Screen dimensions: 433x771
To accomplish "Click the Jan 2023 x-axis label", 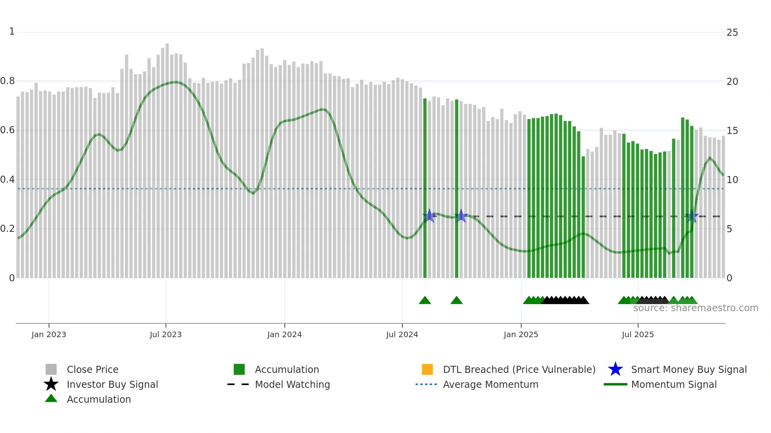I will tap(49, 334).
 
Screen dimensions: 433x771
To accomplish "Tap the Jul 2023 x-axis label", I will tap(166, 334).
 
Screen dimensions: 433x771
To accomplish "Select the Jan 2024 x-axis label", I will tap(284, 334).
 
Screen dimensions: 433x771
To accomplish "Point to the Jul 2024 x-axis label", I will tap(402, 334).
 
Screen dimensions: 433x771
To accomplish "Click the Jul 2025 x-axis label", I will tap(638, 334).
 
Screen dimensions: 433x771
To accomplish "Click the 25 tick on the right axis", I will tap(732, 33).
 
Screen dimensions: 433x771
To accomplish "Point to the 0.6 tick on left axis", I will tap(8, 130).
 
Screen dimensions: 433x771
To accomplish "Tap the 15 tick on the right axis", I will tap(732, 131).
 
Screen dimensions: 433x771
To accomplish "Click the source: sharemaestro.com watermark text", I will tap(695, 308).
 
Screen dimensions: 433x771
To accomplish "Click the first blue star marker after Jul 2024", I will tap(430, 216).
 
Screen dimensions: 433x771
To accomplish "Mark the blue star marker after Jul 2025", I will tap(692, 216).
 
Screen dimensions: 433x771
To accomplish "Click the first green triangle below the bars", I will tap(425, 301).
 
